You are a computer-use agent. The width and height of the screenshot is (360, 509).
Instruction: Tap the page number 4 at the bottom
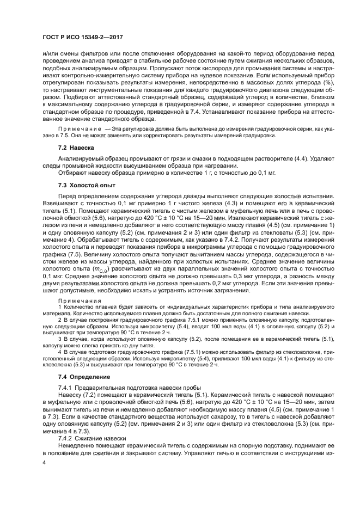click(44, 462)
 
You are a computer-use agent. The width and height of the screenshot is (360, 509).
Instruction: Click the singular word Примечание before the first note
click(77, 131)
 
